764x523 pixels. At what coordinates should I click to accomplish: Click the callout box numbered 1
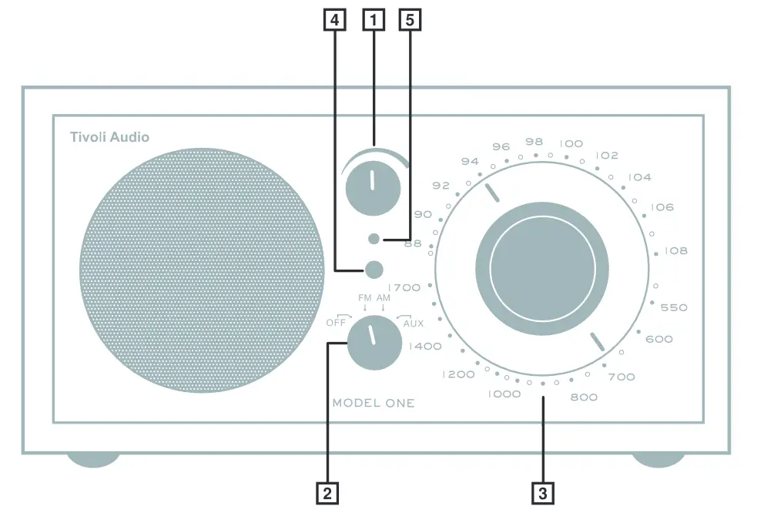pyautogui.click(x=374, y=21)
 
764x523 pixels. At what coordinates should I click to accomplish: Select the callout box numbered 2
pyautogui.click(x=327, y=493)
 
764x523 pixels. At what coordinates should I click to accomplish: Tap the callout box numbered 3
pyautogui.click(x=543, y=493)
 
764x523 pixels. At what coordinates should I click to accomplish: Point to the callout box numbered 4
pyautogui.click(x=334, y=21)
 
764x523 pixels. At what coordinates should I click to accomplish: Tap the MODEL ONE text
pyautogui.click(x=373, y=403)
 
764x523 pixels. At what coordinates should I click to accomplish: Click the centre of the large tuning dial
pyautogui.click(x=542, y=267)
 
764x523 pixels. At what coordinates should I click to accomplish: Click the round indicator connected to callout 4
pyautogui.click(x=374, y=270)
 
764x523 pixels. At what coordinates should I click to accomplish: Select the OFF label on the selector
pyautogui.click(x=336, y=323)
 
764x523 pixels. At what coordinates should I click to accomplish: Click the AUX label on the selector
pyautogui.click(x=413, y=324)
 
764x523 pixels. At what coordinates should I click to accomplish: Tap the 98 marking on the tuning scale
pyautogui.click(x=534, y=142)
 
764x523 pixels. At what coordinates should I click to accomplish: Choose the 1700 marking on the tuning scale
pyautogui.click(x=405, y=287)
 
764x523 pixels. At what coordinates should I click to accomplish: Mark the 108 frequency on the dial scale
pyautogui.click(x=675, y=251)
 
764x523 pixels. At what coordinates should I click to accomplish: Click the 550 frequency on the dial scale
pyautogui.click(x=674, y=307)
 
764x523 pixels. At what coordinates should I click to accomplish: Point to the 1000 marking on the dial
pyautogui.click(x=504, y=394)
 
